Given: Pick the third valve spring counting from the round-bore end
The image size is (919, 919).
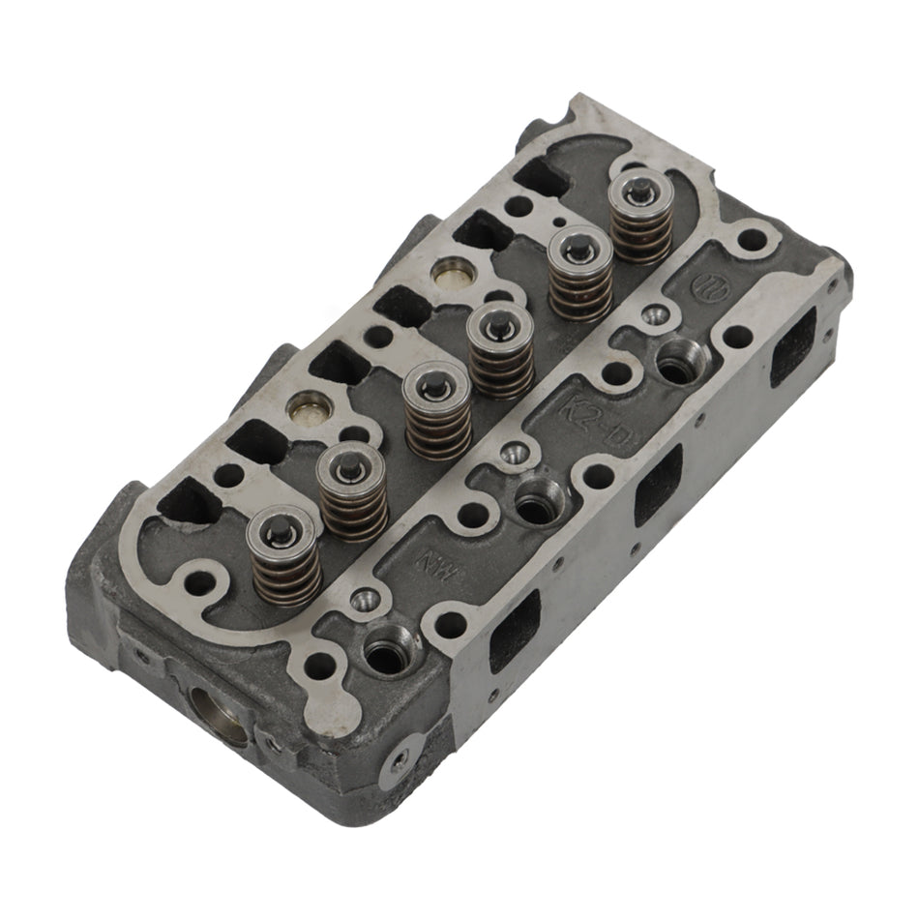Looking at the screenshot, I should click(x=438, y=410).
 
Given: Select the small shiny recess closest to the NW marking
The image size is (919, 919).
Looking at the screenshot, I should click(x=366, y=601).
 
